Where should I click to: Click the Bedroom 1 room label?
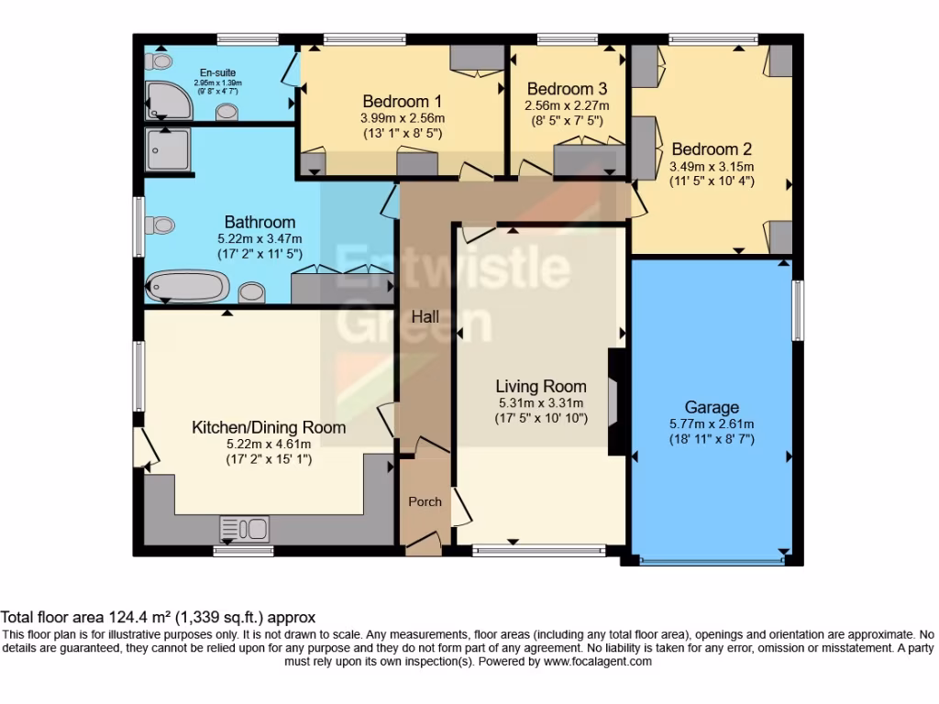[x=403, y=101]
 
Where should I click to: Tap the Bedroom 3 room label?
[x=567, y=89]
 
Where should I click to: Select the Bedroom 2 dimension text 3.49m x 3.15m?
[x=711, y=166]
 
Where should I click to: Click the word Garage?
[x=712, y=407]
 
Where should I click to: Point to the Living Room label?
[x=541, y=386]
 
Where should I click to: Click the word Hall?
[x=425, y=317]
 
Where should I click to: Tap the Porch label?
[x=425, y=501]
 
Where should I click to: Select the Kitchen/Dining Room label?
[x=269, y=427]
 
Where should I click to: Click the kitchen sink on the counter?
[x=244, y=529]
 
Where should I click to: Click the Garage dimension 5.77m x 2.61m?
[x=711, y=423]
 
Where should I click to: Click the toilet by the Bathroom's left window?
[x=162, y=224]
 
